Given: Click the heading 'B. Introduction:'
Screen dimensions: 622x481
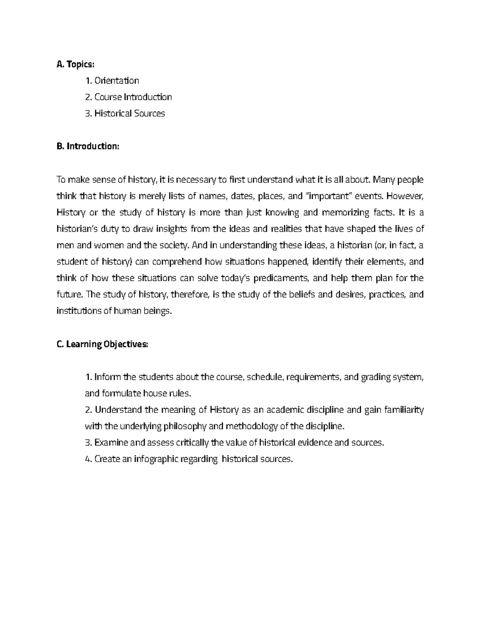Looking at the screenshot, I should tap(88, 147).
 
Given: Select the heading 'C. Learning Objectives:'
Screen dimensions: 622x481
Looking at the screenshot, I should tap(103, 344).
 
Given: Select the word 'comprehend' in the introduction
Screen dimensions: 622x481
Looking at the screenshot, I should tap(177, 262).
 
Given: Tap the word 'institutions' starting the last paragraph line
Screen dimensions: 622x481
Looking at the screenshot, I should tap(79, 311).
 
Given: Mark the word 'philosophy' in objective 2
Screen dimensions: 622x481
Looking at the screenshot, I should tap(185, 427).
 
